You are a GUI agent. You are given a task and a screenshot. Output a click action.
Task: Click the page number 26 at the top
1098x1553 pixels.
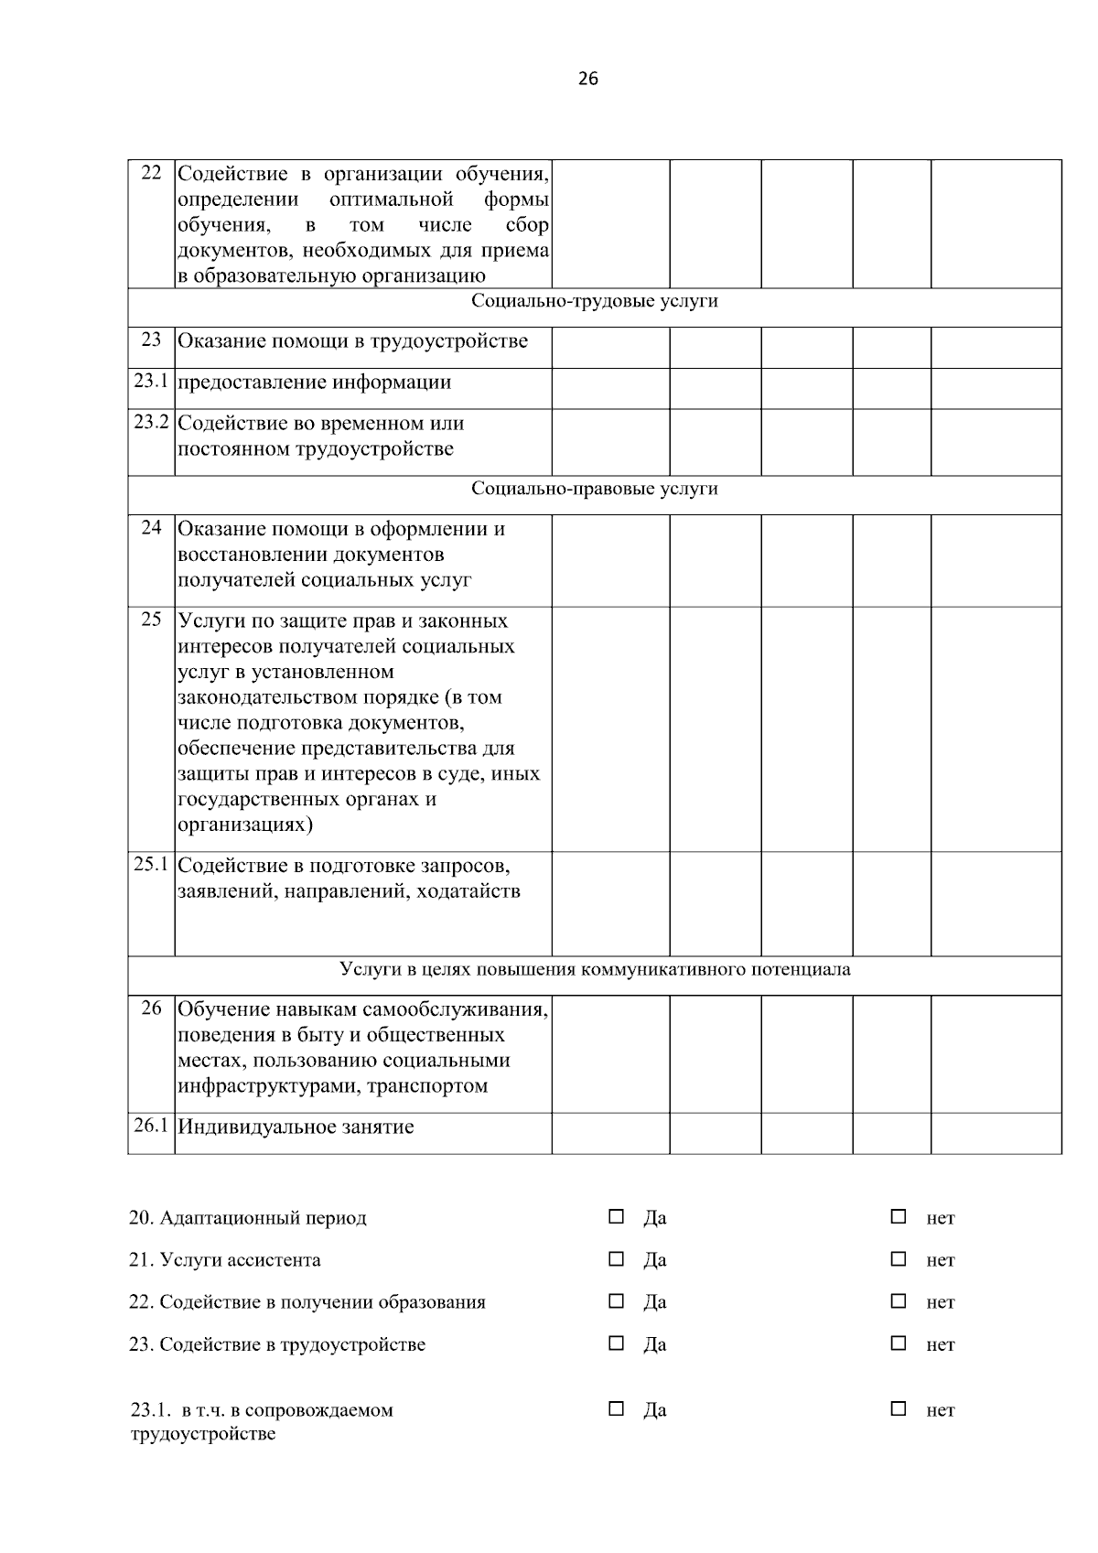588,80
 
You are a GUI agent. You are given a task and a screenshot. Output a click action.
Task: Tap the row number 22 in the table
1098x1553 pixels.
151,173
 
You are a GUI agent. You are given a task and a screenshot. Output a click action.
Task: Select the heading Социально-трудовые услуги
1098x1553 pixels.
594,301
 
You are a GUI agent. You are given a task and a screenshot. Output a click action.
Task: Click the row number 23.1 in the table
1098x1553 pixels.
151,381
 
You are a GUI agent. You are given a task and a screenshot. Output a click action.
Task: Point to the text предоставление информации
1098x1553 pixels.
314,383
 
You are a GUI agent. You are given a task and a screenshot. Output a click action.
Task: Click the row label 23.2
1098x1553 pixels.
151,422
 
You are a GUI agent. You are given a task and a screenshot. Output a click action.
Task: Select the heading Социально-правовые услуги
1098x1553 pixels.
594,489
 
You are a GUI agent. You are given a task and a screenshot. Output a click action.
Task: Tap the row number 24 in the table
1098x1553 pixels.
151,528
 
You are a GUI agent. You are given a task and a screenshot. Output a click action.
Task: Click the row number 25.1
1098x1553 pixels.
151,864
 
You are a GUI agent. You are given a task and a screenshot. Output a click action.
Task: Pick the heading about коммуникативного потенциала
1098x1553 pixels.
594,969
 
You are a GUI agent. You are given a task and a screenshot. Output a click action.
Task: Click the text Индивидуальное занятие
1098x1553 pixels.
296,1127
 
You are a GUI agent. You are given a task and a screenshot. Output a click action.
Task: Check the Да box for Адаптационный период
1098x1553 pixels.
617,1216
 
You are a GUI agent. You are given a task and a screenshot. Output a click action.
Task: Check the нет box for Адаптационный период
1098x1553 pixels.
899,1216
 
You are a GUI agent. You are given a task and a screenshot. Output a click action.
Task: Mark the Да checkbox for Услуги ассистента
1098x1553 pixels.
617,1259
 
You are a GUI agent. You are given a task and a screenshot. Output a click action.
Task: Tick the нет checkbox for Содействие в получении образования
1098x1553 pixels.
899,1301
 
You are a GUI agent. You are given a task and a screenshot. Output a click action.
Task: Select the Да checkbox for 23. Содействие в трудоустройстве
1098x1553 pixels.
617,1343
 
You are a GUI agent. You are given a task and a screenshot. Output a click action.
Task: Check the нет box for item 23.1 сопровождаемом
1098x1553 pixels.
899,1408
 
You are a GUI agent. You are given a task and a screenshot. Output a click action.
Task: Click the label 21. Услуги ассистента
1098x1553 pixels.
225,1260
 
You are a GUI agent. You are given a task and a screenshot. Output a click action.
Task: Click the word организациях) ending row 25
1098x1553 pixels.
245,825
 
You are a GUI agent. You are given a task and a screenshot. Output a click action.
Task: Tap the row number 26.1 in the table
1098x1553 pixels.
151,1126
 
